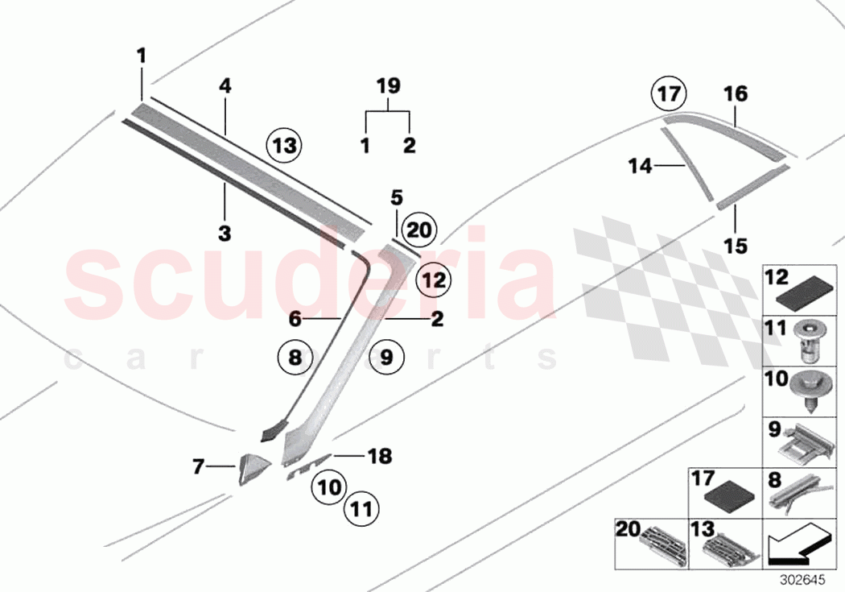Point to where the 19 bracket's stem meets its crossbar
pyautogui.click(x=388, y=112)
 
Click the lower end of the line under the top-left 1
pyautogui.click(x=142, y=100)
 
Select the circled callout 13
pyautogui.click(x=285, y=145)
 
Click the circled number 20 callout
pyautogui.click(x=419, y=230)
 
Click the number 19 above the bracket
pyautogui.click(x=388, y=85)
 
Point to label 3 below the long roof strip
pyautogui.click(x=225, y=234)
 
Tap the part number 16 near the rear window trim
pyautogui.click(x=736, y=93)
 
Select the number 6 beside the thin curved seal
pyautogui.click(x=295, y=319)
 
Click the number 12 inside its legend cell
pyautogui.click(x=777, y=278)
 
